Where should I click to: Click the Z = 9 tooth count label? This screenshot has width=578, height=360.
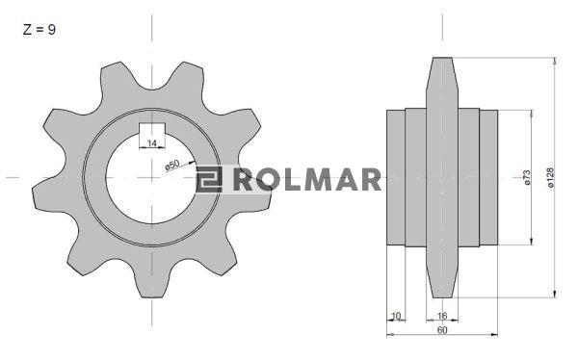click(x=39, y=30)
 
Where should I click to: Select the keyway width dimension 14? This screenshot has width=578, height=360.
click(x=152, y=143)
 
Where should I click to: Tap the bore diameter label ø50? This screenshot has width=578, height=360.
click(x=172, y=165)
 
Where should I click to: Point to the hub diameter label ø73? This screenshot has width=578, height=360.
click(x=527, y=177)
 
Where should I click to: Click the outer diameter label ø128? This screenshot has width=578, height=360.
click(x=551, y=178)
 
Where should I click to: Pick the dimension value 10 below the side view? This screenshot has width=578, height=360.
click(x=396, y=316)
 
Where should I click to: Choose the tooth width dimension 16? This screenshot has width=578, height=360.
click(x=441, y=316)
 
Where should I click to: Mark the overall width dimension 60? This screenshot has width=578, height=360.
click(x=442, y=330)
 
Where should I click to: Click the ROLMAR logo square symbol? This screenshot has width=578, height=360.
click(x=209, y=179)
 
